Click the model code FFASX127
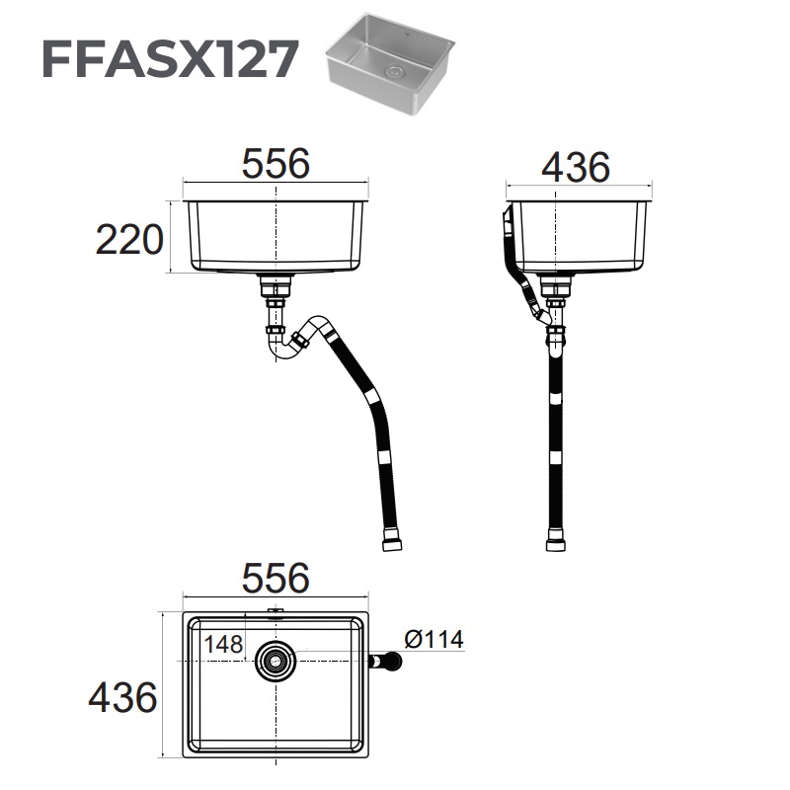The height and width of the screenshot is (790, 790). click(169, 59)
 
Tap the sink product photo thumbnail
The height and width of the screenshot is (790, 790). click(391, 63)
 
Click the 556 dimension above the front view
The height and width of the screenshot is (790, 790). click(276, 164)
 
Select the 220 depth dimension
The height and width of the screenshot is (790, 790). click(128, 240)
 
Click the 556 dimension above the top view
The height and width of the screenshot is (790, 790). click(276, 577)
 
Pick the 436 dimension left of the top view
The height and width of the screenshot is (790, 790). click(122, 698)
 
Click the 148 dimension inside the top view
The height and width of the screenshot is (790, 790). click(223, 643)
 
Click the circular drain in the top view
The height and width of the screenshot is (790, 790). click(276, 661)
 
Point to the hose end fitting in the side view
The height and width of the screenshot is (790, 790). click(556, 541)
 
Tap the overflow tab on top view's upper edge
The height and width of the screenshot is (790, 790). click(276, 613)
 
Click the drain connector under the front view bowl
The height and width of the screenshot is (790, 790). click(276, 288)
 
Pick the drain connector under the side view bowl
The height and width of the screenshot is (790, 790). click(556, 288)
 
